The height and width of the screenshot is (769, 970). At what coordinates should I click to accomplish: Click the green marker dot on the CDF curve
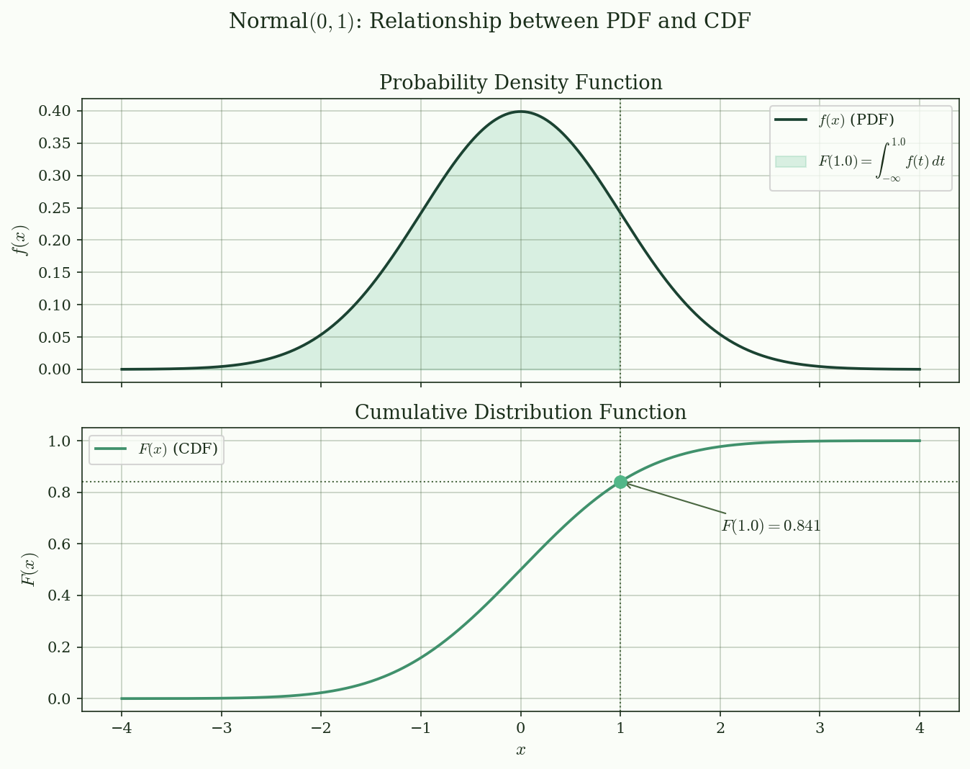coord(620,482)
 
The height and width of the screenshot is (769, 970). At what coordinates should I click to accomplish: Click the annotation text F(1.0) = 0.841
coord(771,526)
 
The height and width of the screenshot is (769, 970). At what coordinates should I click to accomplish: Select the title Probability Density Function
coord(520,83)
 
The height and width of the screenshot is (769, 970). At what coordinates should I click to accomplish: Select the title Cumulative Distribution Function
coord(520,413)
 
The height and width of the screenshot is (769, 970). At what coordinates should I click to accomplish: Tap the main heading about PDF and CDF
coord(489,22)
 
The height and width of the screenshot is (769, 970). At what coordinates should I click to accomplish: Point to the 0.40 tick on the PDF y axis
coord(56,111)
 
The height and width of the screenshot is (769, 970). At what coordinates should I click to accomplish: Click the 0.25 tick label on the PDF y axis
coord(56,208)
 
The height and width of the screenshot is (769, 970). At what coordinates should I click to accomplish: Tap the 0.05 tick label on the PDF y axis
coord(56,337)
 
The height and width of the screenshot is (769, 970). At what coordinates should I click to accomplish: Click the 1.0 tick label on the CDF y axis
coord(60,441)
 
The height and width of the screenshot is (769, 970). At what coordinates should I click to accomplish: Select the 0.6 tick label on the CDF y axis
coord(60,544)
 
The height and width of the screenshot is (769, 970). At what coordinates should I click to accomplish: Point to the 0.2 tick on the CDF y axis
coord(60,647)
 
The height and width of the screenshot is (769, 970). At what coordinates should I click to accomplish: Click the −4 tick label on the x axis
coord(121,728)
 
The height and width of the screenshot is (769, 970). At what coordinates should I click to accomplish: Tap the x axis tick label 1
coord(620,728)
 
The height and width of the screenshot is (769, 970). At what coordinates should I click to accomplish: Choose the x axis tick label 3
coord(820,728)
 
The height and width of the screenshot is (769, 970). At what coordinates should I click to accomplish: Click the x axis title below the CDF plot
coord(520,750)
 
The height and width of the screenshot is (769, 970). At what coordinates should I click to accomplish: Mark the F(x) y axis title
coord(29,570)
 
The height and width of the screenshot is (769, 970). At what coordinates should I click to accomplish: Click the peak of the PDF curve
coord(520,112)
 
